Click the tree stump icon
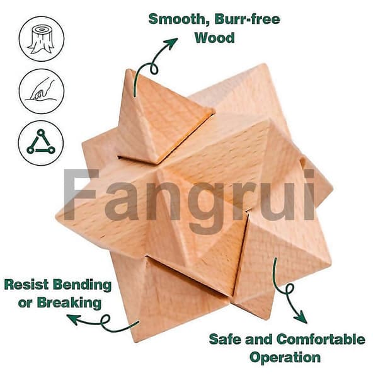tap(42, 38)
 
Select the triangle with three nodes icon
tap(41, 143)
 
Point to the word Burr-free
tap(248, 19)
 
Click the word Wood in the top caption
tap(215, 38)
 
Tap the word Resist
tap(26, 285)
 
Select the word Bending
tap(82, 285)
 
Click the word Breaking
tap(69, 303)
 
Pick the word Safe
tap(225, 339)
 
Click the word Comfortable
tap(321, 339)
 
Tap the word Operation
tap(285, 357)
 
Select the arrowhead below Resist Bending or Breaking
tap(73, 319)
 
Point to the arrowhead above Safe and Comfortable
tap(301, 318)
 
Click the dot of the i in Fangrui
tap(309, 174)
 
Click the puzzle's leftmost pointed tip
tap(56, 215)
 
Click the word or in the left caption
tap(25, 303)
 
